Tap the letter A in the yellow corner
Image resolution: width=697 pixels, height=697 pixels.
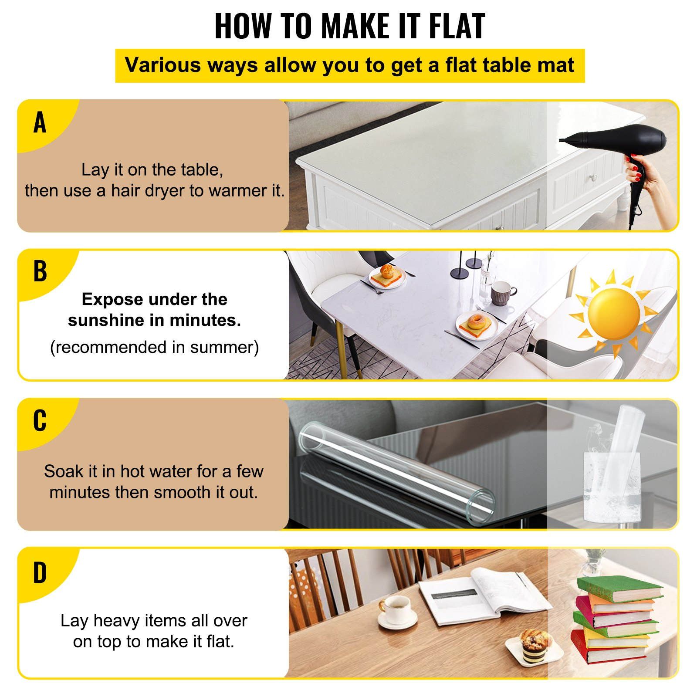coord(40,122)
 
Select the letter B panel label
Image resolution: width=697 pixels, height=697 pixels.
coord(40,271)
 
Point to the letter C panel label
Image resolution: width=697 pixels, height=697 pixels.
coord(40,421)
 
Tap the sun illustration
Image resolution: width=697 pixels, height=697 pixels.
coord(613,314)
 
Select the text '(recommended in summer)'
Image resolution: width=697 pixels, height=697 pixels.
coord(154,347)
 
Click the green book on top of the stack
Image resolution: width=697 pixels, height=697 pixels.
coord(619,588)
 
